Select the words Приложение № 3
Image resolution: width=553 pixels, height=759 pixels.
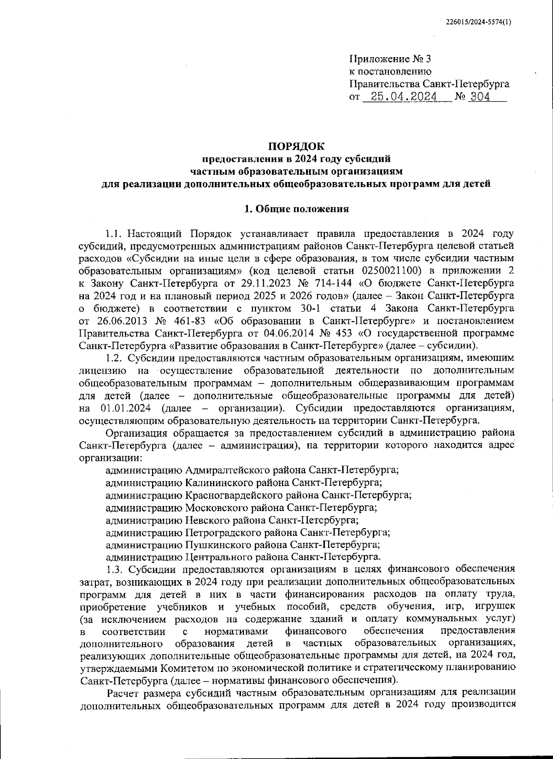pyautogui.click(x=390, y=59)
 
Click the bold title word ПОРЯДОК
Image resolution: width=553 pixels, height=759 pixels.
pyautogui.click(x=297, y=147)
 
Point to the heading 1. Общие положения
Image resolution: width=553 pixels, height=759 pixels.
pyautogui.click(x=296, y=209)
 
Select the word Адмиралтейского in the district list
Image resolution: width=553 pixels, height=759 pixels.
pyautogui.click(x=221, y=470)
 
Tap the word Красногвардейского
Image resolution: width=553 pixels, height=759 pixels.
pyautogui.click(x=227, y=495)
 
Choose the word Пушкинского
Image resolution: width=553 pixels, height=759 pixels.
pyautogui.click(x=212, y=545)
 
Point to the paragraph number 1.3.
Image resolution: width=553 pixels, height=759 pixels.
pyautogui.click(x=113, y=569)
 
